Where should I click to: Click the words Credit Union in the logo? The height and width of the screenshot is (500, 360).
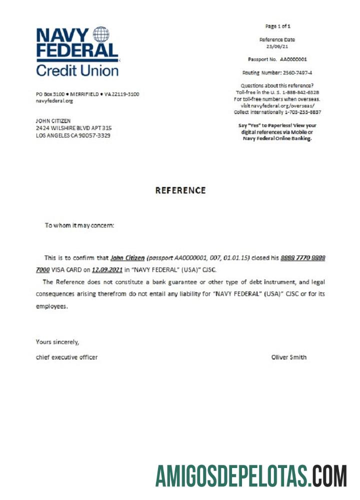coord(77,69)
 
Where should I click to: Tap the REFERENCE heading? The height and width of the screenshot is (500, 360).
coord(180,190)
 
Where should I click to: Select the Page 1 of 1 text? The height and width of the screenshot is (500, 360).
coord(277,26)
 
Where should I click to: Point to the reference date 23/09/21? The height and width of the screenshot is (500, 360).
coord(277,46)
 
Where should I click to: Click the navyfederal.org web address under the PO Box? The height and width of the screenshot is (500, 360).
coord(54,101)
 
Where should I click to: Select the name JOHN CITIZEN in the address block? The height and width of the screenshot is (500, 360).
coord(53,121)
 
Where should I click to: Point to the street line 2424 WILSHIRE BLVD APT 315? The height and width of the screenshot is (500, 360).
coord(73,128)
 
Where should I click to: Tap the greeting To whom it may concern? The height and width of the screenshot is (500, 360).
coord(79,225)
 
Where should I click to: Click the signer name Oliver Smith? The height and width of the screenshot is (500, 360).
coord(288,357)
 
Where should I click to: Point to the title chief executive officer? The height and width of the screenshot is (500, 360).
coord(66,357)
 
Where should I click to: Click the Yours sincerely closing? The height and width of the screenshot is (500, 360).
coord(57,342)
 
